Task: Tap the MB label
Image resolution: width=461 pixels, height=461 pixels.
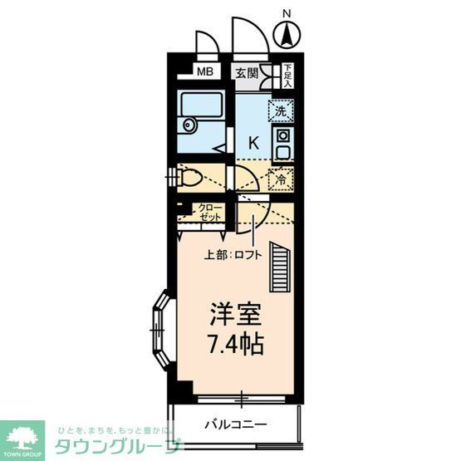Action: (x=205, y=72)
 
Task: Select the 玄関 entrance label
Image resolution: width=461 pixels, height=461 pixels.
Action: (x=245, y=72)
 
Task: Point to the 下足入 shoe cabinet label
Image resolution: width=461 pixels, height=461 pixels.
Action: (x=287, y=76)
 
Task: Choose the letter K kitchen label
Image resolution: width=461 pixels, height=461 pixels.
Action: (x=253, y=142)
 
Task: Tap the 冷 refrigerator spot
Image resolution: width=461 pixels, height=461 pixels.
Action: (x=281, y=178)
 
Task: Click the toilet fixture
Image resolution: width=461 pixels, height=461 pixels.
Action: (x=190, y=178)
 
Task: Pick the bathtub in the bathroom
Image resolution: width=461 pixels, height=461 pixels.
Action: (x=201, y=107)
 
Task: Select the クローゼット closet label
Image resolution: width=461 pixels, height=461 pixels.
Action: (x=210, y=212)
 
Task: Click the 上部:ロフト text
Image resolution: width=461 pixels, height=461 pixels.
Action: (x=233, y=254)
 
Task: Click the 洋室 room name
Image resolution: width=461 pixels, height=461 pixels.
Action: (x=235, y=316)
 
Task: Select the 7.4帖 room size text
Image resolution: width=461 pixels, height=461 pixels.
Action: (x=235, y=342)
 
